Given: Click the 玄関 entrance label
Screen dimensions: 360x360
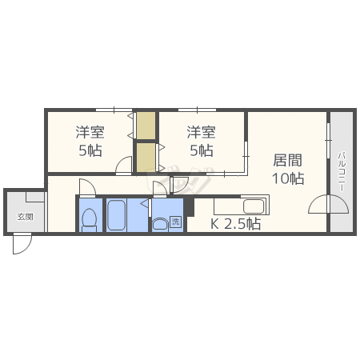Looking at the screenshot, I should click(x=26, y=217).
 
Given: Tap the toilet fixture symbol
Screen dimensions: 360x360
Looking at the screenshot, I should click(x=90, y=218).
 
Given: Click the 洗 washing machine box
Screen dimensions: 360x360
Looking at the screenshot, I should click(x=176, y=222).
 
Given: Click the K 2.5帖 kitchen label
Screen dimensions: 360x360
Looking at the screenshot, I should click(x=235, y=224).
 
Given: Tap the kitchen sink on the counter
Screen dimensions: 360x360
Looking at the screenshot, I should click(x=254, y=206).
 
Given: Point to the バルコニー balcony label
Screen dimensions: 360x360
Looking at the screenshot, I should click(x=341, y=170).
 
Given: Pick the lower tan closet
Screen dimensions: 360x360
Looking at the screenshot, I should click(x=146, y=157).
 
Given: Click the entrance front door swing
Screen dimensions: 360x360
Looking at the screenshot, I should click(x=21, y=244).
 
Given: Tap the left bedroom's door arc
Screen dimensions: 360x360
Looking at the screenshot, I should click(x=123, y=166).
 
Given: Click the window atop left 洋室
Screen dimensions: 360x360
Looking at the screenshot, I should click(x=112, y=109).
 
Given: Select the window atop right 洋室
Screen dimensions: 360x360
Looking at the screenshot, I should click(x=197, y=109).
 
